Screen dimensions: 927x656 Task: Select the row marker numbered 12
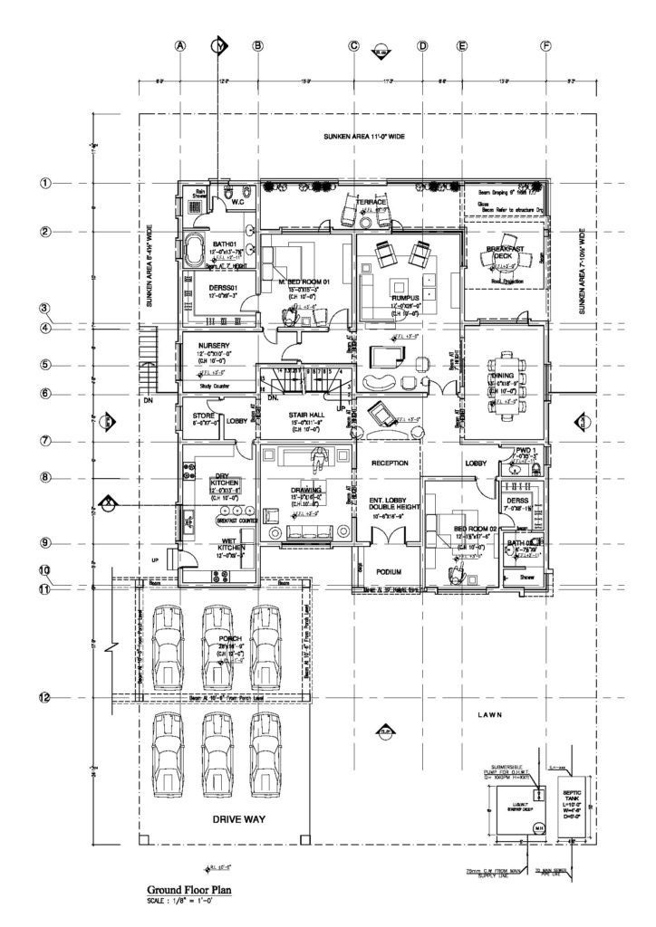point(43,697)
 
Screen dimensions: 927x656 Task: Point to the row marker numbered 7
point(43,440)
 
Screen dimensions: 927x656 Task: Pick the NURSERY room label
point(200,345)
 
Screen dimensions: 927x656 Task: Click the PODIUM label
point(389,573)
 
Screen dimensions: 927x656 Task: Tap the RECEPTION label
point(390,463)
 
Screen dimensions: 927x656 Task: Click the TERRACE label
point(371,201)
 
